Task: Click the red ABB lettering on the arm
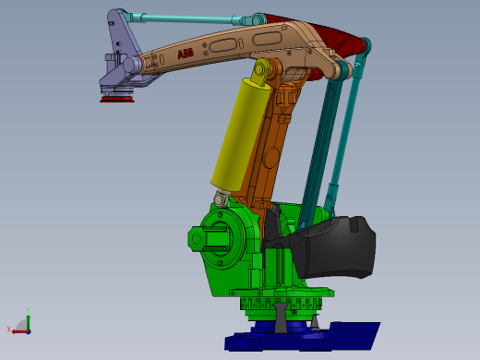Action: pyautogui.click(x=186, y=54)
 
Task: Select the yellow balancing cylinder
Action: pyautogui.click(x=238, y=134)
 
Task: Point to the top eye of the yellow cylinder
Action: pyautogui.click(x=261, y=70)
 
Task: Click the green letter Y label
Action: pyautogui.click(x=30, y=310)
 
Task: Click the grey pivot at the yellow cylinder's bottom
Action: pyautogui.click(x=220, y=198)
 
